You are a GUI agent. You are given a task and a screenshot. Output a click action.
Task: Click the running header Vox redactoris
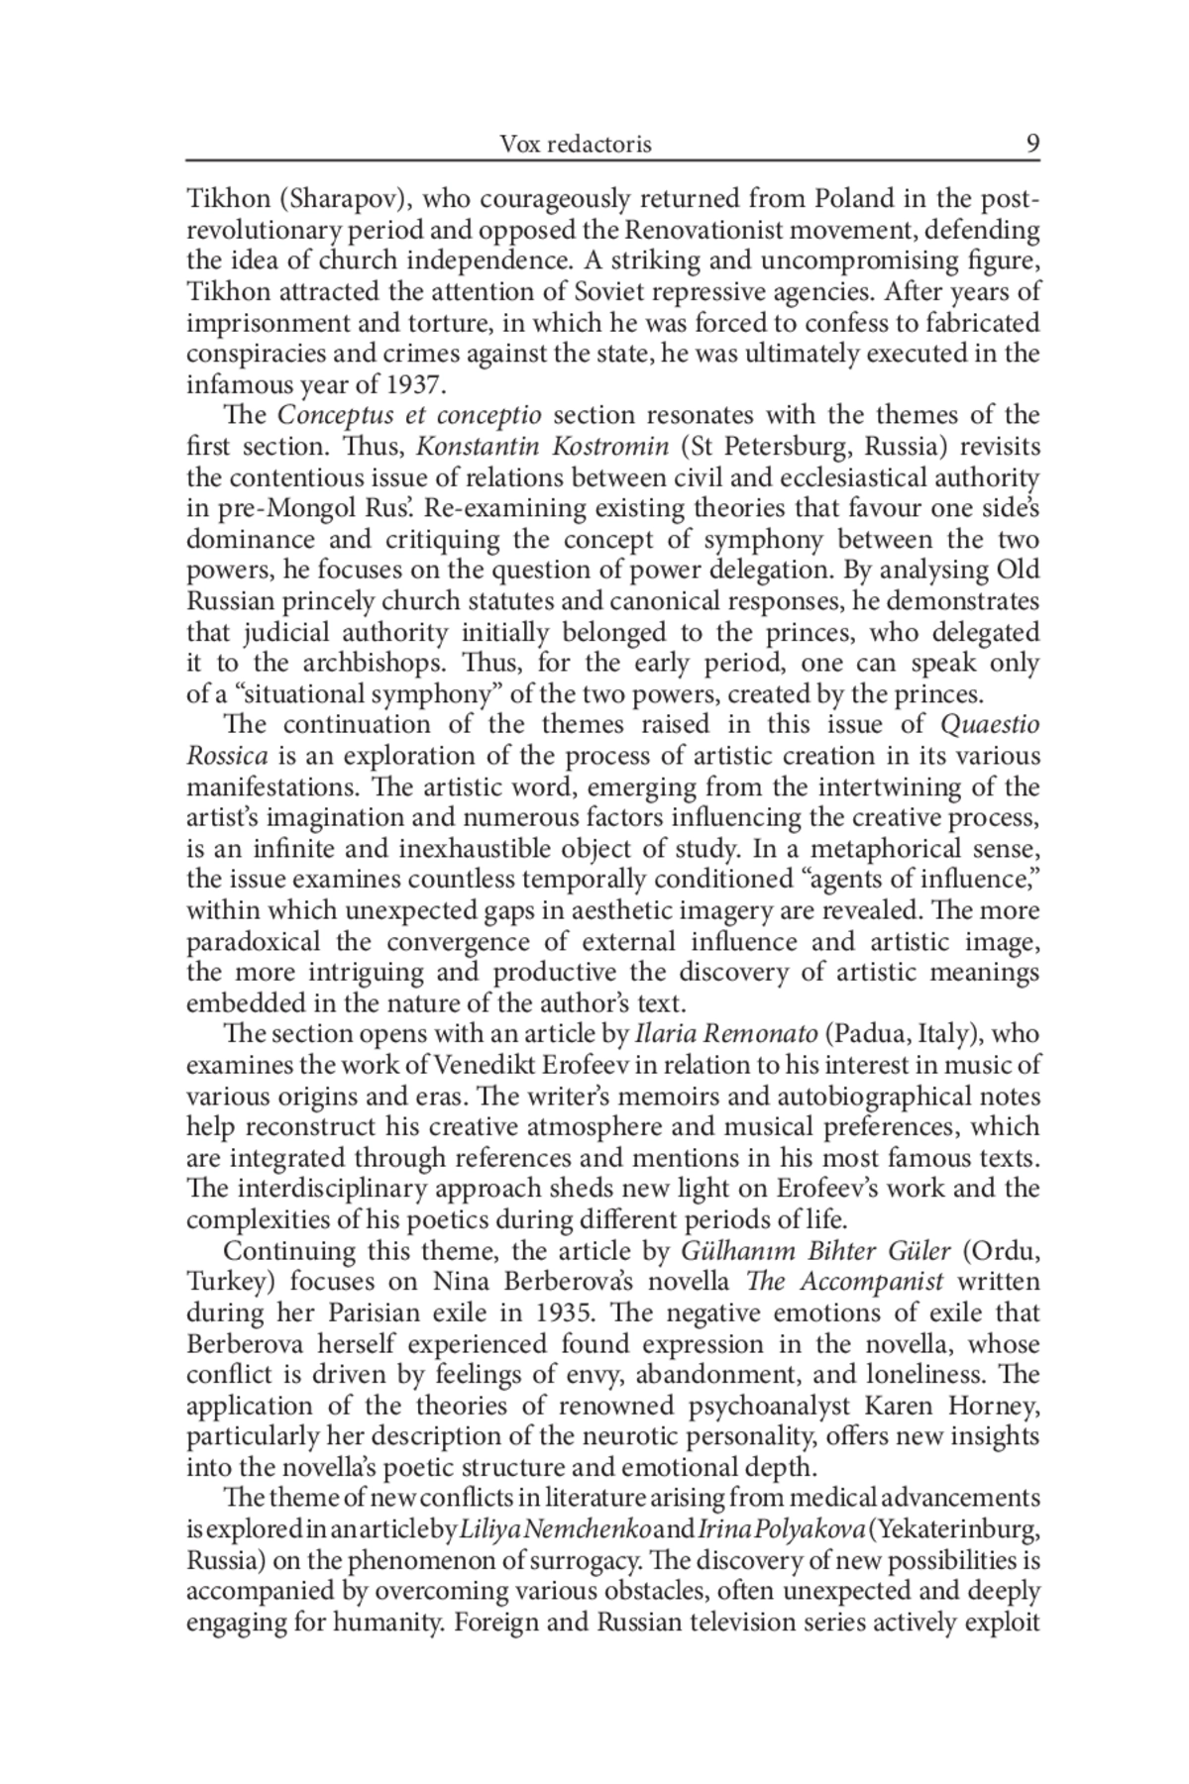[x=575, y=145]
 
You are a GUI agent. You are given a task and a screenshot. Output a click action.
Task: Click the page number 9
[x=1032, y=145]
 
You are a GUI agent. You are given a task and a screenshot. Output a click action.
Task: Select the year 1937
[x=412, y=384]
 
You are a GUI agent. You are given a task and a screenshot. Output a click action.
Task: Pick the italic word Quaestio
[x=989, y=724]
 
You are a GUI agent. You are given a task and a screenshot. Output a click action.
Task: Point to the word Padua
[x=864, y=1034]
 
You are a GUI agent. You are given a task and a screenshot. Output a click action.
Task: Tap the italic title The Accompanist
[x=843, y=1282]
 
